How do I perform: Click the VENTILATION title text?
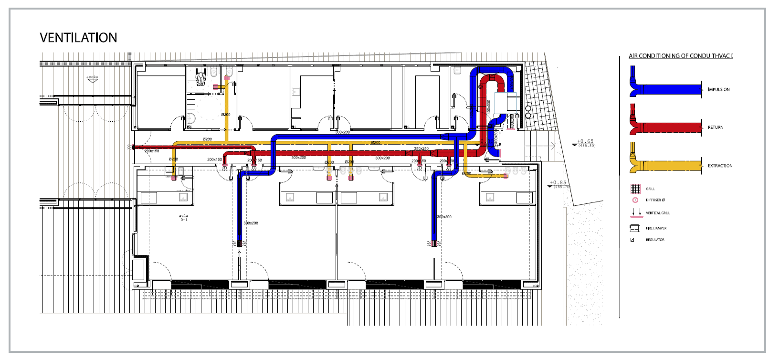point(78,38)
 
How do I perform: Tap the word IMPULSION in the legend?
point(718,89)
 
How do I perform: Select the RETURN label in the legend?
point(715,127)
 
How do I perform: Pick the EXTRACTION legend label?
point(720,166)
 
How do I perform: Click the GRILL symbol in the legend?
point(635,189)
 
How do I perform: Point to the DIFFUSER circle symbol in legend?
point(635,200)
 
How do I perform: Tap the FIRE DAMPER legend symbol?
point(634,228)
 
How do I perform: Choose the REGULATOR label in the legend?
point(655,240)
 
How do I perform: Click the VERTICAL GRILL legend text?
point(658,213)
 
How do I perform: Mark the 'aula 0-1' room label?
point(184,218)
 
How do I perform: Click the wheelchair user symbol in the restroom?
point(200,78)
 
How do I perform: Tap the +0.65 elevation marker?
point(585,142)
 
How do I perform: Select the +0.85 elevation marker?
point(557,183)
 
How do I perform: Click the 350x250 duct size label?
point(421,148)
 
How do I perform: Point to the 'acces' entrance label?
point(92,77)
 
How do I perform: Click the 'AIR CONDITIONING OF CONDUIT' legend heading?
point(680,56)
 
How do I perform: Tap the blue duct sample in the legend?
point(668,89)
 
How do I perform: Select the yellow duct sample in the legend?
point(668,166)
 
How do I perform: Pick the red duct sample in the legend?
point(668,127)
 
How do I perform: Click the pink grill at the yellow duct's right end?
point(506,176)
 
